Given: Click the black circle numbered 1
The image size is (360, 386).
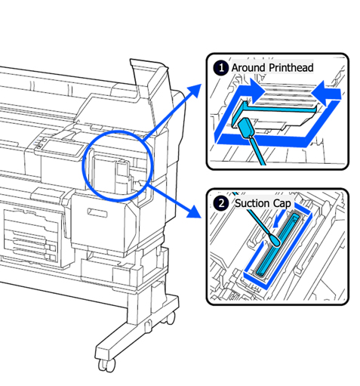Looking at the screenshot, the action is click(x=221, y=68).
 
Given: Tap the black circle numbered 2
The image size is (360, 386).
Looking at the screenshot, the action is click(x=221, y=203).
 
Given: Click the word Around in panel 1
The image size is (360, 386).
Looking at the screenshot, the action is click(x=248, y=68).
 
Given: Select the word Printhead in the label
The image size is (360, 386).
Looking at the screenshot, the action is click(x=291, y=68).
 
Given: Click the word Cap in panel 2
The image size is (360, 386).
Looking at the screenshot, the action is click(x=282, y=204).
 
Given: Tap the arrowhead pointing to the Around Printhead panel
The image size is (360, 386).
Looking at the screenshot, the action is click(x=194, y=91).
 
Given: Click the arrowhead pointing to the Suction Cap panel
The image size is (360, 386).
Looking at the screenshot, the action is click(x=194, y=211).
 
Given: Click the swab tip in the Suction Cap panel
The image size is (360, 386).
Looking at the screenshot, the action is click(x=275, y=240).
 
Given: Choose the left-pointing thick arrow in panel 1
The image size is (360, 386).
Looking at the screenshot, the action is click(x=326, y=93).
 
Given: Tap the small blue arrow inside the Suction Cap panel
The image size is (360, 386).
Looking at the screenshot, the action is click(x=278, y=219).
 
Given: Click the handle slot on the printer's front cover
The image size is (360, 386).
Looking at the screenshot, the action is click(x=97, y=212).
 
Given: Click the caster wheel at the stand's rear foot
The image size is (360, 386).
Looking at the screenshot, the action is click(x=171, y=319).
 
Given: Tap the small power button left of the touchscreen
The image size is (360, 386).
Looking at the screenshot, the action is click(x=40, y=145).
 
